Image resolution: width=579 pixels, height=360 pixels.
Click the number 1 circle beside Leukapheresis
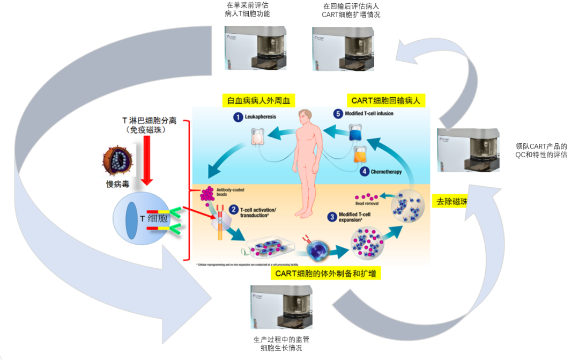[x=237, y=116]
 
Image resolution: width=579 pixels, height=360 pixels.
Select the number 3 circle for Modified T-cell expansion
[x=332, y=217]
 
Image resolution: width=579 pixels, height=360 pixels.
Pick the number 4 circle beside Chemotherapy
[x=364, y=172]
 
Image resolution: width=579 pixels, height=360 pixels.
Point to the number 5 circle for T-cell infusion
[x=337, y=114]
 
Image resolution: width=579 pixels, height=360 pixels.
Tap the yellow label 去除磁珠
[x=449, y=202]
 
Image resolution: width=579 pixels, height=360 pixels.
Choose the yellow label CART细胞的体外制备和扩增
[x=325, y=274]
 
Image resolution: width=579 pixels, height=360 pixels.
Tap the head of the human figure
[x=305, y=115]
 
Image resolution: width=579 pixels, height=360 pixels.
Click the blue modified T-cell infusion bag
[x=355, y=133]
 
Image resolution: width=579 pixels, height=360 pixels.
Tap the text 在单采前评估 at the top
[x=247, y=5]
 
